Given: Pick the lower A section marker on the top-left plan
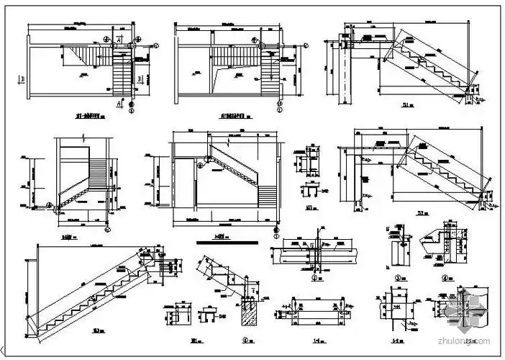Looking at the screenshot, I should pyautogui.click(x=117, y=103).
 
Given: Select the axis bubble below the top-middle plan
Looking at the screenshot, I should pyautogui.click(x=278, y=112).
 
